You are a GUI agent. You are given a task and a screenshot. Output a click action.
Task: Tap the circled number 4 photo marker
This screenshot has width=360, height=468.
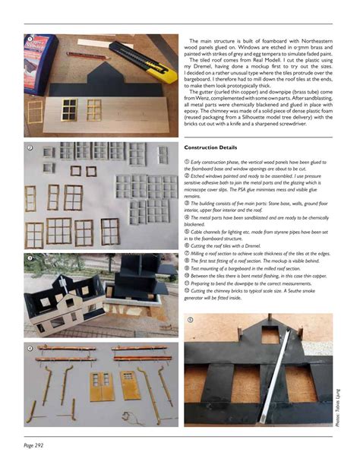click(x=29, y=349)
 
